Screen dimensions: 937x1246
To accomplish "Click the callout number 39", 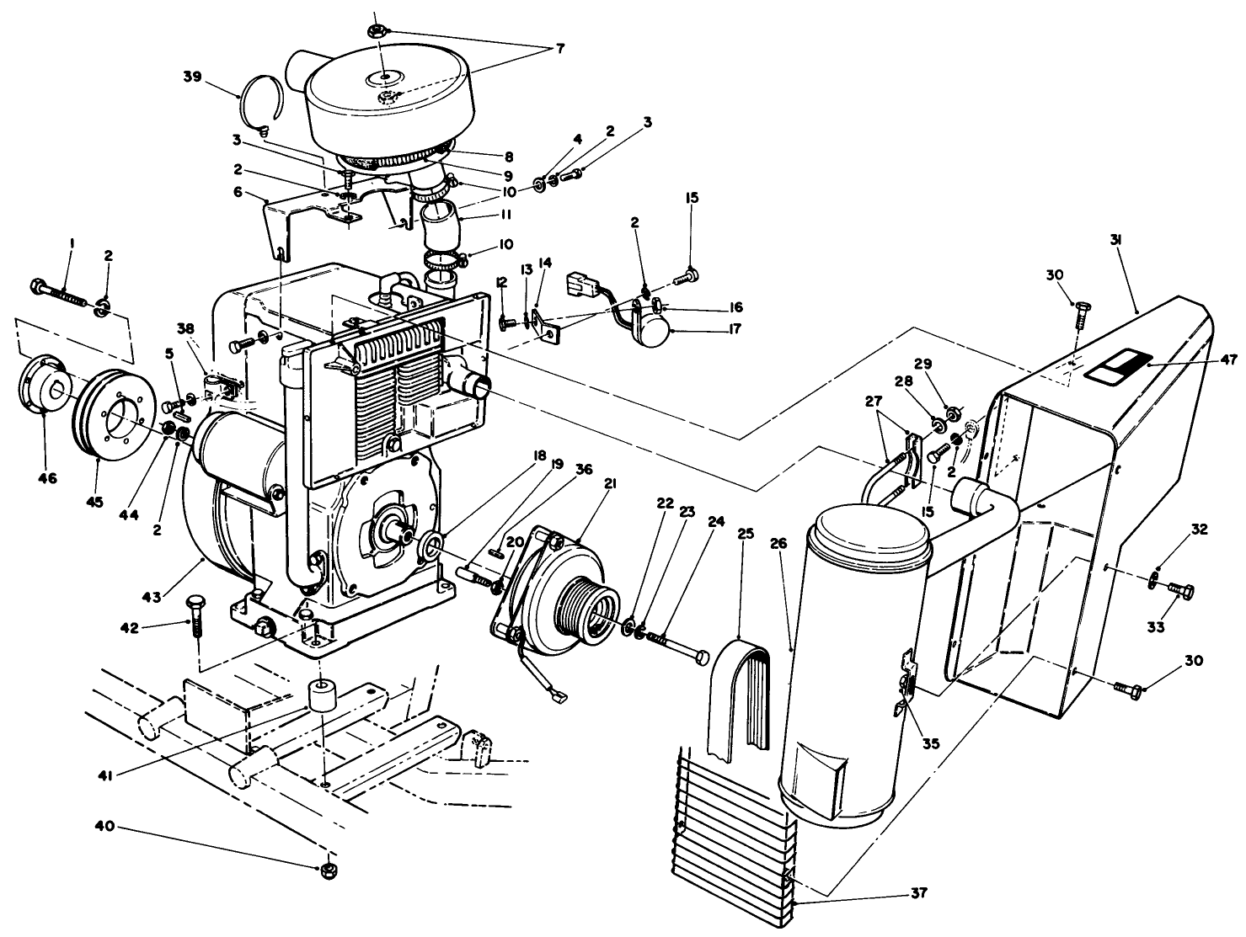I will point(192,77).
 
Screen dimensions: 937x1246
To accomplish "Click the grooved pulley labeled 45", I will point(112,414).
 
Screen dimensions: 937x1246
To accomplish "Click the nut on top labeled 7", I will point(377,31).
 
